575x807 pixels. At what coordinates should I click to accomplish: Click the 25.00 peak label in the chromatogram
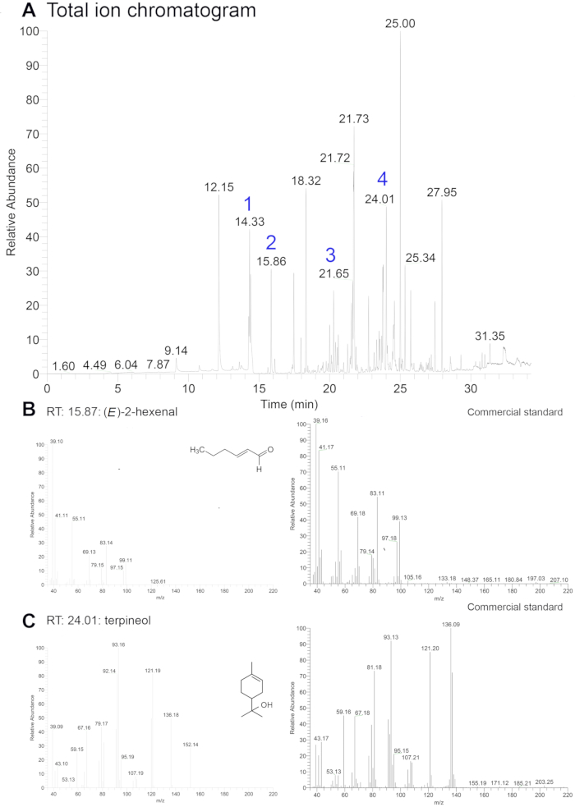coord(400,24)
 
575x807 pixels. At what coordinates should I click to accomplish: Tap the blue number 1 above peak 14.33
coord(249,204)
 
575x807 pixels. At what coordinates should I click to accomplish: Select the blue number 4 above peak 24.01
coord(382,179)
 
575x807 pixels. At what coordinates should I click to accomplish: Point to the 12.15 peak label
coord(219,187)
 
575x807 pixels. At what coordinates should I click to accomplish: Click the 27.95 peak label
coord(442,192)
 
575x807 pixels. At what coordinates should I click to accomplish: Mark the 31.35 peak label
coord(490,336)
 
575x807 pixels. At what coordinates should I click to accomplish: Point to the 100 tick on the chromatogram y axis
coord(30,31)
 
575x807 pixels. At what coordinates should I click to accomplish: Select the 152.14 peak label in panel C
coord(191,745)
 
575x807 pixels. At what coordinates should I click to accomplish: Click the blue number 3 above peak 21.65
coord(330,254)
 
